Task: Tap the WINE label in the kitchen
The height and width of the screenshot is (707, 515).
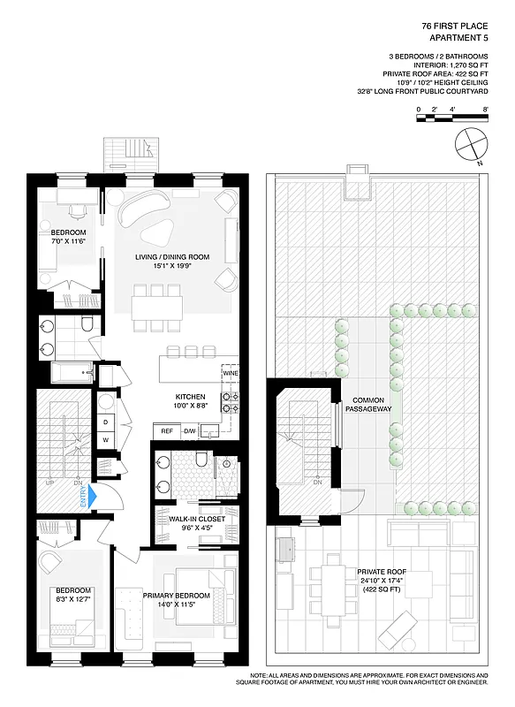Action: click(230, 374)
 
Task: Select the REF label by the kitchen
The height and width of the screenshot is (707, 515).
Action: click(166, 430)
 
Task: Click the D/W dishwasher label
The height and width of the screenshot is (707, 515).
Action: click(190, 430)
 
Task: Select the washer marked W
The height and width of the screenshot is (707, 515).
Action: click(105, 439)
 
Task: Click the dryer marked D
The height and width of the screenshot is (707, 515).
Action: click(105, 421)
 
